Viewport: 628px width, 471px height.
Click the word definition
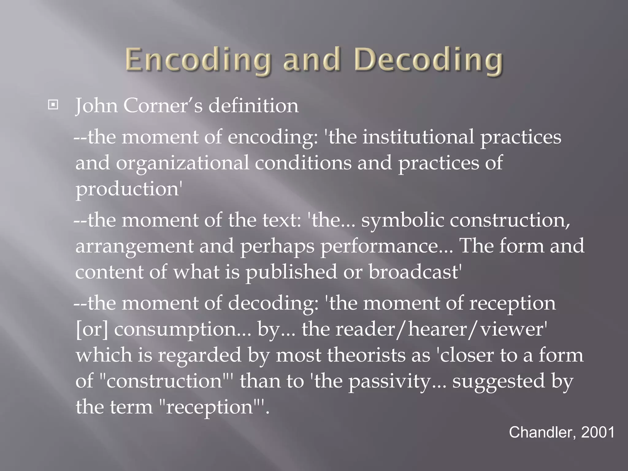tap(254, 105)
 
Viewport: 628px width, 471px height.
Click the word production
tap(127, 189)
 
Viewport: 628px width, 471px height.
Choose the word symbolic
tap(402, 220)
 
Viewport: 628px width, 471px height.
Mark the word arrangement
tap(134, 246)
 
